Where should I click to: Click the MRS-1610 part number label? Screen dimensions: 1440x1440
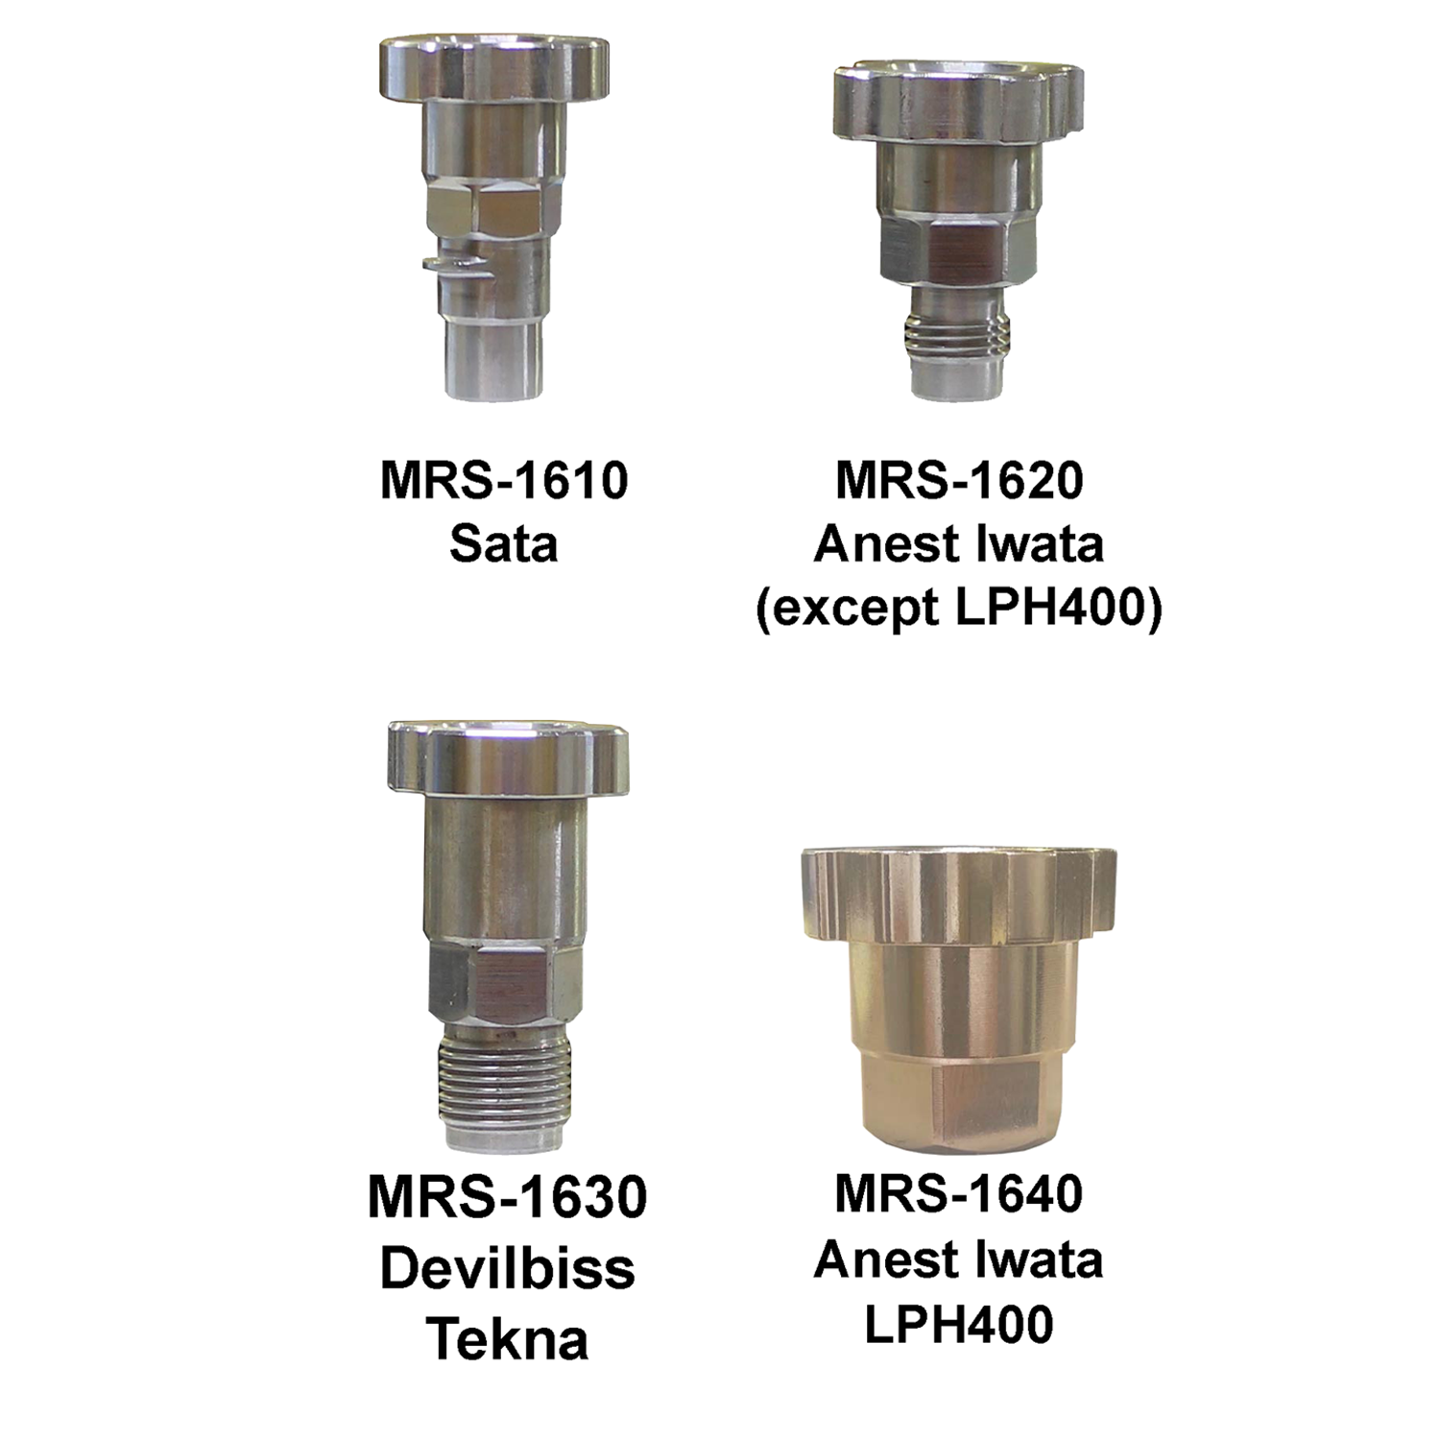[504, 480]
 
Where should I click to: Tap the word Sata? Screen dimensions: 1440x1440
[504, 544]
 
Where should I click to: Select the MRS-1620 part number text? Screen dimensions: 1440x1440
[959, 480]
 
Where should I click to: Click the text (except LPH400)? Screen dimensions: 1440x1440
[959, 608]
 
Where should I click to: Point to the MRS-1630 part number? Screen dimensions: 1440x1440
[507, 1197]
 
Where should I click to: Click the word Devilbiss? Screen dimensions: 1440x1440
[507, 1268]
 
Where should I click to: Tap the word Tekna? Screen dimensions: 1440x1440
[507, 1339]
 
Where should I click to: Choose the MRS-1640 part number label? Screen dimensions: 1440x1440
[959, 1193]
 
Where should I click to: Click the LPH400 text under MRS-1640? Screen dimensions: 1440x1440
[959, 1324]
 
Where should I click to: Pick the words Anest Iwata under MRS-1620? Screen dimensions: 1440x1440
[959, 544]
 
